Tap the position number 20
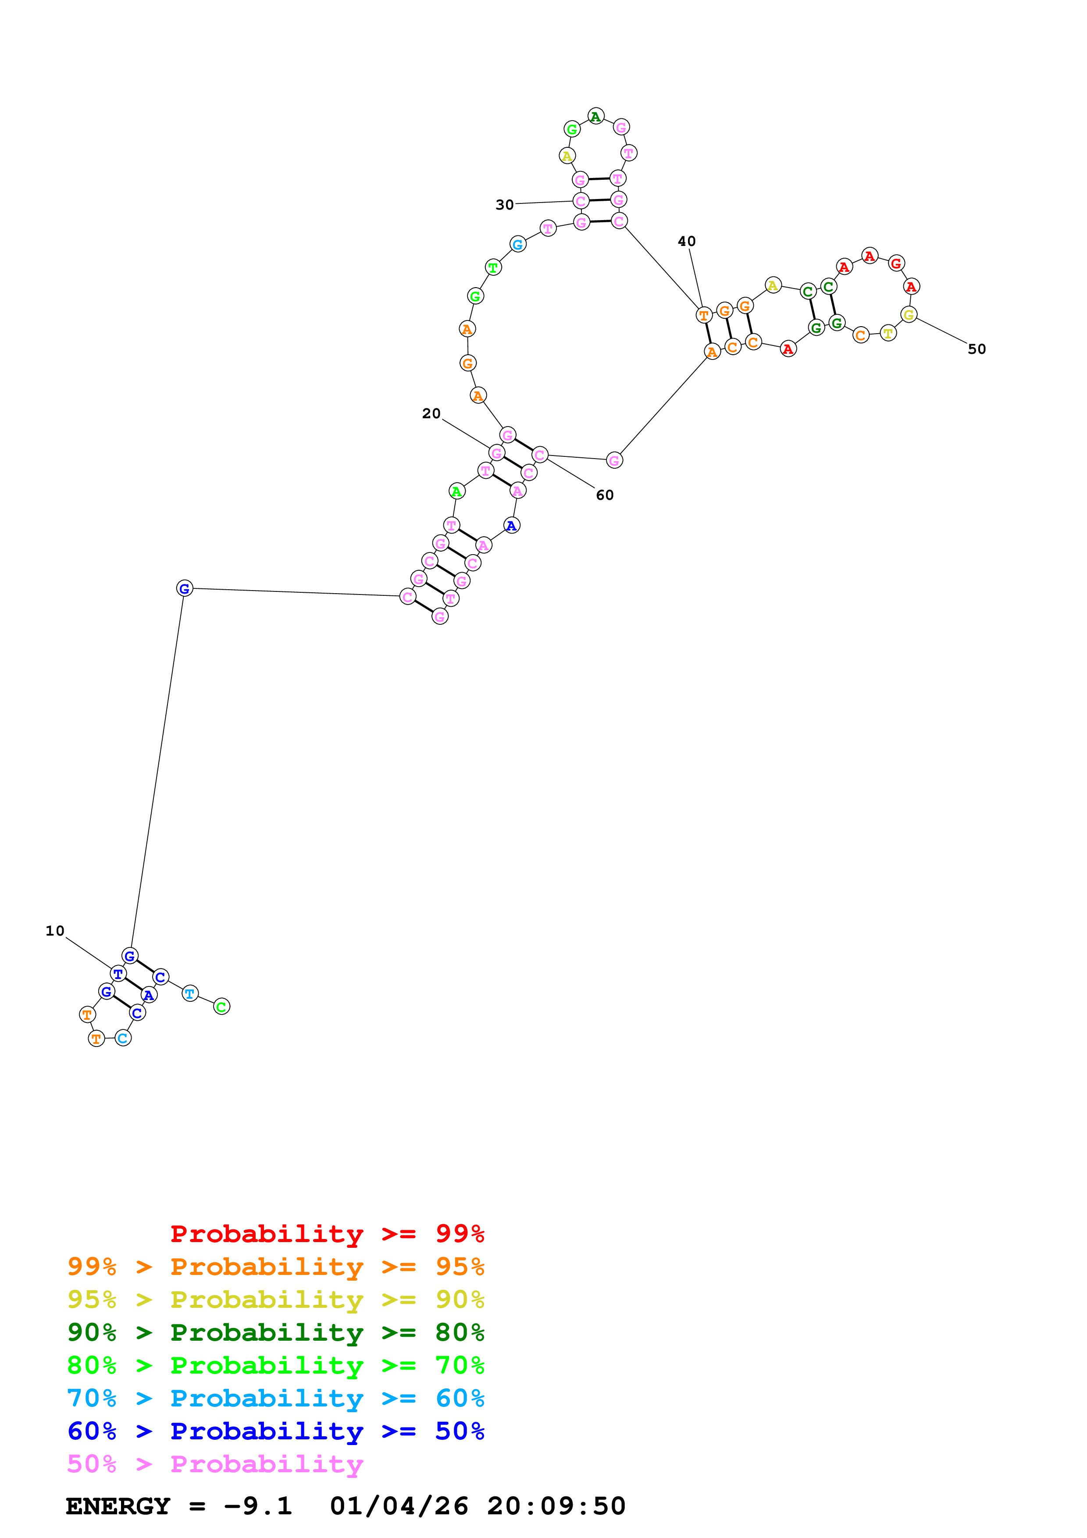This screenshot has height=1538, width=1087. [x=431, y=413]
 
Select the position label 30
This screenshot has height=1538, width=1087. [x=504, y=204]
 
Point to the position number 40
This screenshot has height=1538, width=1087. [x=687, y=241]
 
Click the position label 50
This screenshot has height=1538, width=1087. [x=977, y=349]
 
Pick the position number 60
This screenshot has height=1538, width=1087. [x=605, y=495]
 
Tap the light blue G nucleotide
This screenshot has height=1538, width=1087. [x=518, y=245]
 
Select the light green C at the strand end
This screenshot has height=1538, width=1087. [x=222, y=1006]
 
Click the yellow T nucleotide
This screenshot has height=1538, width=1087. [x=887, y=333]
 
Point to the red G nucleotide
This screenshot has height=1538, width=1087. [x=896, y=263]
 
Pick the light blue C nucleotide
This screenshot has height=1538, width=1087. [x=123, y=1038]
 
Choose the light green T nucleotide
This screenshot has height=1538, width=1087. [x=493, y=268]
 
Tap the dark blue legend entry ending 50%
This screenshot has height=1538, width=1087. [x=275, y=1431]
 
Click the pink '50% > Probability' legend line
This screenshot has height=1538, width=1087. [x=214, y=1463]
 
